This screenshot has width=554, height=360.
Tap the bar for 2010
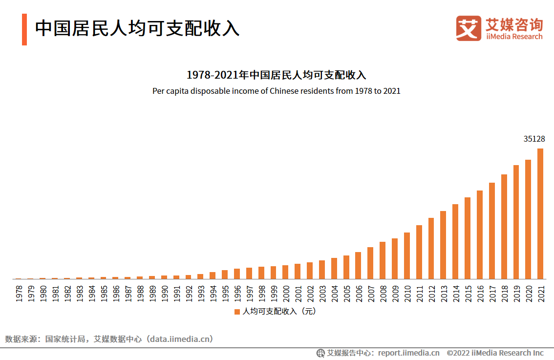tap(407, 256)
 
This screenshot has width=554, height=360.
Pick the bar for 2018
tap(504, 227)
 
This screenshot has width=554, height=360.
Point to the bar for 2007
tap(370, 263)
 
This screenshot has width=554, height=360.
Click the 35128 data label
tap(534, 139)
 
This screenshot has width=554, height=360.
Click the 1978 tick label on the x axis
tap(19, 293)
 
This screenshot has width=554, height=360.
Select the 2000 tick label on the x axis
tap(286, 293)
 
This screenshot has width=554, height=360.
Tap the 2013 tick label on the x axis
tap(444, 293)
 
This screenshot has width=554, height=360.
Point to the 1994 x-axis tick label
tap(213, 293)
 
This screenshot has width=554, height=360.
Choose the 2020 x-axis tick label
tap(528, 293)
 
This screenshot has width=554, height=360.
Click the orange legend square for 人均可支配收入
tap(237, 312)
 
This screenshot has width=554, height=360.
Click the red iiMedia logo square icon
tap(469, 28)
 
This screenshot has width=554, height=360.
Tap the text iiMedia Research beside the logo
tap(514, 37)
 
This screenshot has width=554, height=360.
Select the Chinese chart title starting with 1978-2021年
tap(277, 75)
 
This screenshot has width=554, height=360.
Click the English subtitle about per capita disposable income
tap(277, 91)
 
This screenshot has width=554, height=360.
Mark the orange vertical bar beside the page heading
tap(24, 29)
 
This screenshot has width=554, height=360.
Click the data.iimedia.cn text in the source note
tap(181, 339)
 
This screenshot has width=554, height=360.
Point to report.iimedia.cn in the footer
tap(408, 353)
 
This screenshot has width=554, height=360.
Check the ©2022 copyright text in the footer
tap(495, 353)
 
